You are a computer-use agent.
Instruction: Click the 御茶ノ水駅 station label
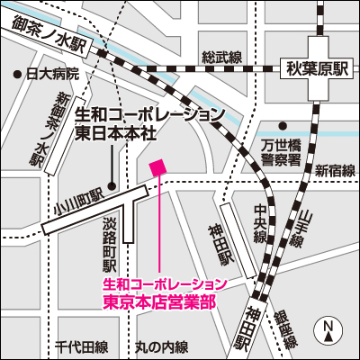pyautogui.click(x=49, y=34)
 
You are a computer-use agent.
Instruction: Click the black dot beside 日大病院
pyautogui.click(x=16, y=74)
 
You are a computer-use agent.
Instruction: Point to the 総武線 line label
pyautogui.click(x=222, y=58)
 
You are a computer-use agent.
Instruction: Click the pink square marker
pyautogui.click(x=157, y=166)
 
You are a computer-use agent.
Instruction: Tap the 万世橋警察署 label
pyautogui.click(x=281, y=151)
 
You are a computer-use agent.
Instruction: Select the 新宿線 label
pyautogui.click(x=335, y=169)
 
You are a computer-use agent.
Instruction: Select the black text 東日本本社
pyautogui.click(x=114, y=131)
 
